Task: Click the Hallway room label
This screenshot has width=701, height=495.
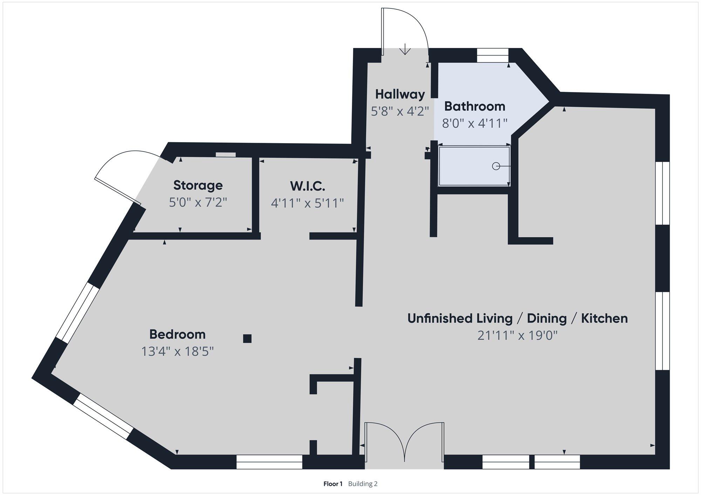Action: point(400,94)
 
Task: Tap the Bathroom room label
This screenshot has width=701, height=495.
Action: point(475,106)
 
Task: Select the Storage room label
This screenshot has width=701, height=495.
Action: point(198,186)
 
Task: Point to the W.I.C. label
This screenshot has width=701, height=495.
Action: point(307,186)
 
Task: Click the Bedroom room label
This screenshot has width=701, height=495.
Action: point(177,334)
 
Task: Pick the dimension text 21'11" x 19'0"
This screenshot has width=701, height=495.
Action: point(517,336)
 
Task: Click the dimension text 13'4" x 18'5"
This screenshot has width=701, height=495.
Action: point(177,351)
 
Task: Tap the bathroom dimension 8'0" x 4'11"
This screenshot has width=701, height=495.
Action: point(475,123)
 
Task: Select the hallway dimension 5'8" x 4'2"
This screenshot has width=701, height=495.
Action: point(400,111)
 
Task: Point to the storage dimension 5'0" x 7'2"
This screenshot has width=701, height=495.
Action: point(198,202)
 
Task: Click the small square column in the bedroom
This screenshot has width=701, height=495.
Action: point(247,339)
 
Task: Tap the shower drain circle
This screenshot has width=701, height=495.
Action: point(496,166)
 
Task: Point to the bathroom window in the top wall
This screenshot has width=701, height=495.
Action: point(493,55)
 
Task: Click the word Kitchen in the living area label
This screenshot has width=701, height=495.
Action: point(604,319)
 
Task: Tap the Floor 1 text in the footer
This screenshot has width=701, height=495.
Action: point(333,484)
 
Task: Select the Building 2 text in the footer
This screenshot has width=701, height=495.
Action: point(363,484)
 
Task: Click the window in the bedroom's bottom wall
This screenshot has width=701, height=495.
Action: point(269,462)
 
